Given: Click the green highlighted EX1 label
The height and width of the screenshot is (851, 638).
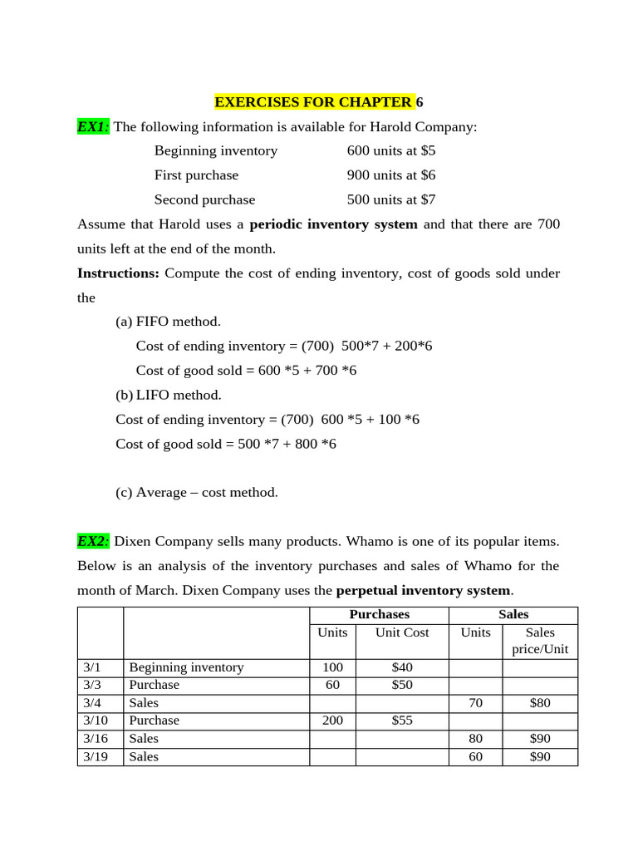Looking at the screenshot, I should (x=92, y=126).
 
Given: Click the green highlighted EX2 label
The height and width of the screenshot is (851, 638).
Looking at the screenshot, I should (x=93, y=541).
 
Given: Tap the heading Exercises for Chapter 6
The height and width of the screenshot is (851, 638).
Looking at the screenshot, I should (x=318, y=102).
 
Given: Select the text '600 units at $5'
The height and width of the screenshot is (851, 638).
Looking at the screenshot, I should (x=390, y=150).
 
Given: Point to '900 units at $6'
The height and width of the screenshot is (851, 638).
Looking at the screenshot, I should (x=390, y=175).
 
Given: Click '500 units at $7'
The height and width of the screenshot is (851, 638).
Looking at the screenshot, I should (x=390, y=199).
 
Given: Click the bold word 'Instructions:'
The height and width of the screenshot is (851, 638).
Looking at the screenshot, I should (x=118, y=273).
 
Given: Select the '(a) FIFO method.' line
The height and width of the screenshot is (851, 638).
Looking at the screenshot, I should (x=168, y=322).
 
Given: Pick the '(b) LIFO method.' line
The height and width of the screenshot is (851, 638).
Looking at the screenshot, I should (x=168, y=395).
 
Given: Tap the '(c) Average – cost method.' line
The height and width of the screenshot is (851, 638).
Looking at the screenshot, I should (x=197, y=492).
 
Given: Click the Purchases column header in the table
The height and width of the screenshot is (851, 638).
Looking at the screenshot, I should (x=379, y=614).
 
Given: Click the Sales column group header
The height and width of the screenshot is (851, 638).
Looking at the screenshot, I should (x=513, y=614).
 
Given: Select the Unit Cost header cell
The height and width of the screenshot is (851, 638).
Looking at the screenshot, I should (x=402, y=632).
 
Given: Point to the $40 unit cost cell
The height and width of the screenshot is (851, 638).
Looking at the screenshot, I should (x=402, y=667).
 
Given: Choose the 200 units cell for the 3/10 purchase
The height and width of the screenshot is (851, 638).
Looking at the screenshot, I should (x=332, y=721).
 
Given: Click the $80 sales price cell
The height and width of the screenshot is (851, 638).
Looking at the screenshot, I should (x=540, y=703).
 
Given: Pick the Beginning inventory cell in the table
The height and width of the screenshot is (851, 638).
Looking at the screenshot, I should (x=186, y=667).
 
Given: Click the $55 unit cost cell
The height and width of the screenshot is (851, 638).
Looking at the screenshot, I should (x=402, y=721).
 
